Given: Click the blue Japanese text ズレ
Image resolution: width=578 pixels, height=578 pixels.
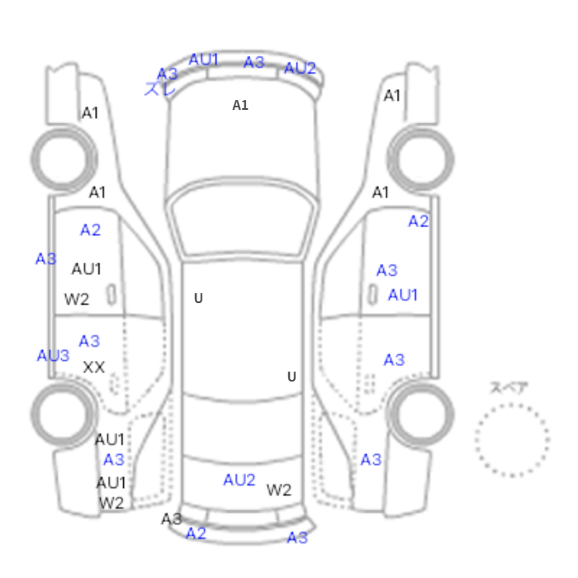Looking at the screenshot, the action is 159,89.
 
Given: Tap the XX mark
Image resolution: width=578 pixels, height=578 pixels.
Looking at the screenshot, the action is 94,367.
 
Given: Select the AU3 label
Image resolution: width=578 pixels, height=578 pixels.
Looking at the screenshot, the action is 53,356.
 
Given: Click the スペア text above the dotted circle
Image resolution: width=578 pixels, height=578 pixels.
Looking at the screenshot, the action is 509,388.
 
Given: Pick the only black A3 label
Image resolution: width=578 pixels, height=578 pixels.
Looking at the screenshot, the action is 172,519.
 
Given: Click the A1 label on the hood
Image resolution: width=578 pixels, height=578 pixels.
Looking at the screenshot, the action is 240,106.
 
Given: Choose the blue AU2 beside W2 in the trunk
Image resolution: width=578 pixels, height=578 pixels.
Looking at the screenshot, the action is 239,480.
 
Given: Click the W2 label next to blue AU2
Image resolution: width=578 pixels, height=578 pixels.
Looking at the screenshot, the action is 279,490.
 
